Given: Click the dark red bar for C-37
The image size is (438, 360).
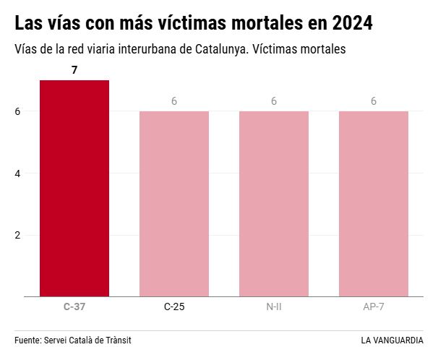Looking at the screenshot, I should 74,188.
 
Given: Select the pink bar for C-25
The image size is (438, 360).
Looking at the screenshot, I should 174,204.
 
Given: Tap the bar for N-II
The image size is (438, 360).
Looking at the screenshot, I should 274,204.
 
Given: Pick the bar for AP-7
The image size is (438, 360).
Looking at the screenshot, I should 374,204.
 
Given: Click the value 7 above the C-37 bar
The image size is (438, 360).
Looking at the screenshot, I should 74,70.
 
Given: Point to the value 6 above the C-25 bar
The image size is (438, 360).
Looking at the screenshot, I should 174,101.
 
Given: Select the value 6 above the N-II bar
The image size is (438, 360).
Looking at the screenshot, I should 274,101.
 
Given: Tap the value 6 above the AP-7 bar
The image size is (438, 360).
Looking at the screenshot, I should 374,101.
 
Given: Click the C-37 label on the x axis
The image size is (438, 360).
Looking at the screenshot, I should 74,307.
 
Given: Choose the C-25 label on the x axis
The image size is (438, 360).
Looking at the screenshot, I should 174,307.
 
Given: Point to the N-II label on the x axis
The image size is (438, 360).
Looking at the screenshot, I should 274,307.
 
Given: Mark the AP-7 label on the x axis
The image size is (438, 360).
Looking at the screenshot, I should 374,307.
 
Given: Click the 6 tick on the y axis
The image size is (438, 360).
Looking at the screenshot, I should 17,111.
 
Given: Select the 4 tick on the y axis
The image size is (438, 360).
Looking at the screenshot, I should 17,173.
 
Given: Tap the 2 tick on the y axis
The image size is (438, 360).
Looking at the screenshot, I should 17,235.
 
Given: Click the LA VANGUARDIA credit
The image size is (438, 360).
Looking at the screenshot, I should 392,340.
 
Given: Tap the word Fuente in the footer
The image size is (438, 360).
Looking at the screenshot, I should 27,340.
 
